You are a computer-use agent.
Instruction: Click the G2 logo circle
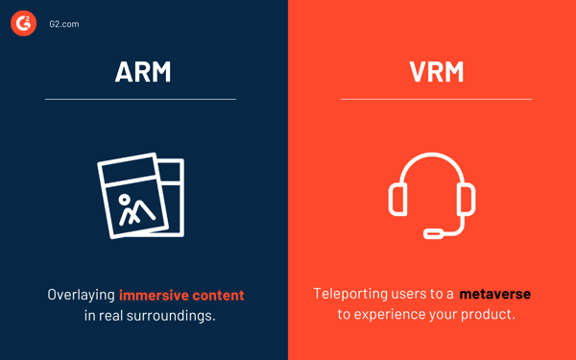pyautogui.click(x=24, y=23)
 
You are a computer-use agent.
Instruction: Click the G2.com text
pyautogui.click(x=64, y=24)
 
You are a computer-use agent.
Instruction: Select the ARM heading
pyautogui.click(x=143, y=72)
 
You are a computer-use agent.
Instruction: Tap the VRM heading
pyautogui.click(x=436, y=72)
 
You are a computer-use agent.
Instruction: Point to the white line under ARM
pyautogui.click(x=140, y=99)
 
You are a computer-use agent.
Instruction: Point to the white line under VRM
pyautogui.click(x=436, y=99)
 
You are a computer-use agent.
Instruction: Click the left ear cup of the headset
pyautogui.click(x=397, y=199)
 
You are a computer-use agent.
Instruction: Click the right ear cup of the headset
pyautogui.click(x=467, y=199)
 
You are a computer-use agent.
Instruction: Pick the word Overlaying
pyautogui.click(x=81, y=295)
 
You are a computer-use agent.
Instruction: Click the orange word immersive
pyautogui.click(x=154, y=295)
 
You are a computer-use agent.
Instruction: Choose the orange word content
pyautogui.click(x=218, y=295)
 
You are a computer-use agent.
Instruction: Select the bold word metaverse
pyautogui.click(x=494, y=294)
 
